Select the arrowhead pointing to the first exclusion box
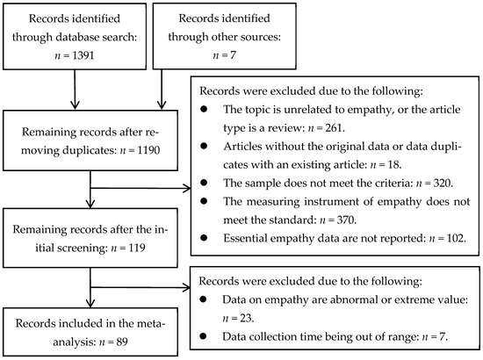pyautogui.click(x=188, y=187)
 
